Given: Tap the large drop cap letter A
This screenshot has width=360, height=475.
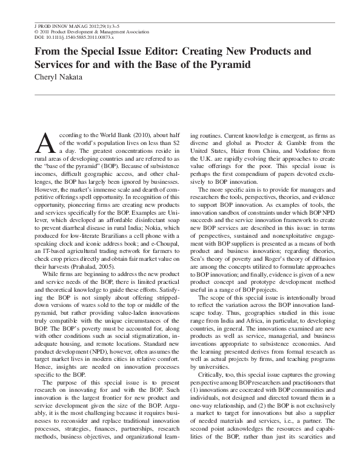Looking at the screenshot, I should [x=47, y=142].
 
